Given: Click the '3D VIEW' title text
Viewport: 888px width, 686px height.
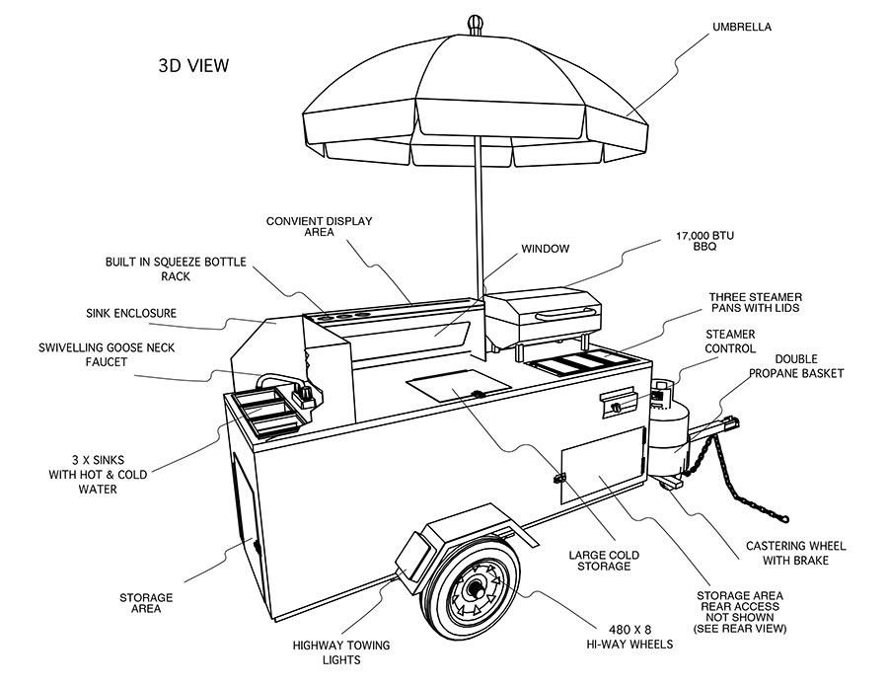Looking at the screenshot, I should tap(193, 66).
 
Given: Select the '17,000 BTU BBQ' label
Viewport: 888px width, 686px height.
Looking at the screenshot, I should tap(705, 241).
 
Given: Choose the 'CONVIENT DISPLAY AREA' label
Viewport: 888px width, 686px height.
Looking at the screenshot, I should tap(333, 228).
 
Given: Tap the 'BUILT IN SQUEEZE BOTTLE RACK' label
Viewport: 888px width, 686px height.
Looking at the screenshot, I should tap(177, 269).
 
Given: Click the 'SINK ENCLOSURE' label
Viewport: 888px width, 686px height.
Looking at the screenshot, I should tap(131, 313).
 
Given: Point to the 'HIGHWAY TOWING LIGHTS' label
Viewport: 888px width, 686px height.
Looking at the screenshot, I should tap(341, 653).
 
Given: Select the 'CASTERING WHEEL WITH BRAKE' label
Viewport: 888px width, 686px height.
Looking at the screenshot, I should tap(795, 553).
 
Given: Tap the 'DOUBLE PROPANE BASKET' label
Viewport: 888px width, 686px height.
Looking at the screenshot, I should tap(802, 366).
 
